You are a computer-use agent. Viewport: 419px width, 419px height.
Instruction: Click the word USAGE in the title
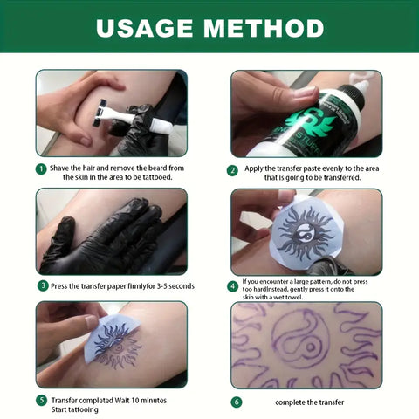tap(144, 28)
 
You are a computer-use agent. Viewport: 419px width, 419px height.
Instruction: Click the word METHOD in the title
tap(264, 28)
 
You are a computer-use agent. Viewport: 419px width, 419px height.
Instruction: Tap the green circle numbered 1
tap(41, 169)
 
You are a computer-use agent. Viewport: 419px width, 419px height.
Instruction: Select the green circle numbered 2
tap(232, 171)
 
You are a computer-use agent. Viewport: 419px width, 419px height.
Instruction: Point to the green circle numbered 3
tap(43, 285)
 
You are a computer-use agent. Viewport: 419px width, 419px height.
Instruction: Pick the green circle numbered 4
tap(232, 286)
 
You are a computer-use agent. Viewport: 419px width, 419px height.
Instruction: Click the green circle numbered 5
tap(41, 401)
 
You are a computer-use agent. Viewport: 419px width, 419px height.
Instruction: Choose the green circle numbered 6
tap(237, 402)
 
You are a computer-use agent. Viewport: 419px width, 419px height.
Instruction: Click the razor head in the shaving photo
tap(100, 113)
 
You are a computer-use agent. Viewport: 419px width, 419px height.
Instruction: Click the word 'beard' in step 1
tap(158, 168)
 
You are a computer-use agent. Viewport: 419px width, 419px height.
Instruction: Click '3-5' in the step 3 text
tap(161, 286)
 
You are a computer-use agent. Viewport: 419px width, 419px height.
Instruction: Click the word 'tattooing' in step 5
tap(84, 409)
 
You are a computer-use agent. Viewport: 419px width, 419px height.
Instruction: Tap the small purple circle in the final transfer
tap(311, 347)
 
